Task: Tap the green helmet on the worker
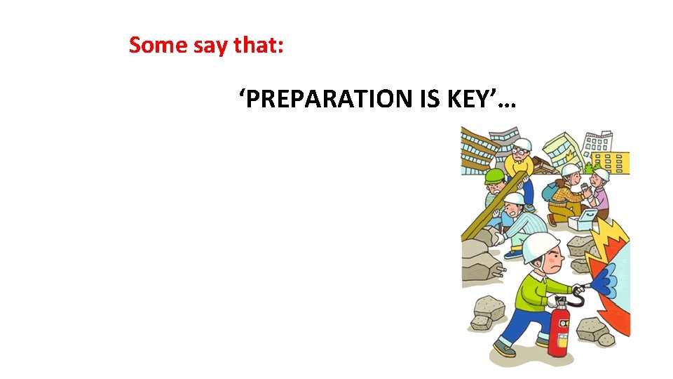pos(495,176)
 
